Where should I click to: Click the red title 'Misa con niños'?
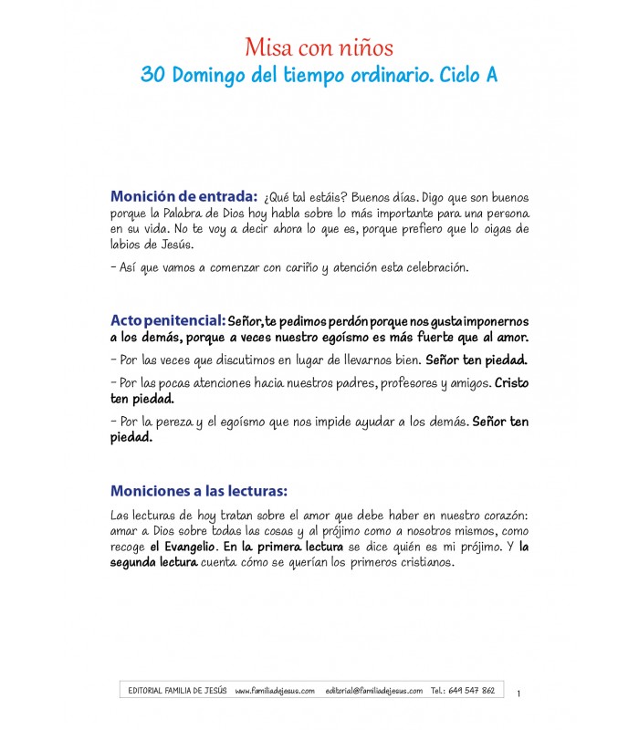319,47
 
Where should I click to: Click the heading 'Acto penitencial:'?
167,320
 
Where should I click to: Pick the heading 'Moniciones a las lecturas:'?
199,489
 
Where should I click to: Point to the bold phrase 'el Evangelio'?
183,546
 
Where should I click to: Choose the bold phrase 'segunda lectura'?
153,562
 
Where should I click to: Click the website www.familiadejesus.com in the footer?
274,691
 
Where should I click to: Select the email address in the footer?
374,691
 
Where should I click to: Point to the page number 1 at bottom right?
519,694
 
